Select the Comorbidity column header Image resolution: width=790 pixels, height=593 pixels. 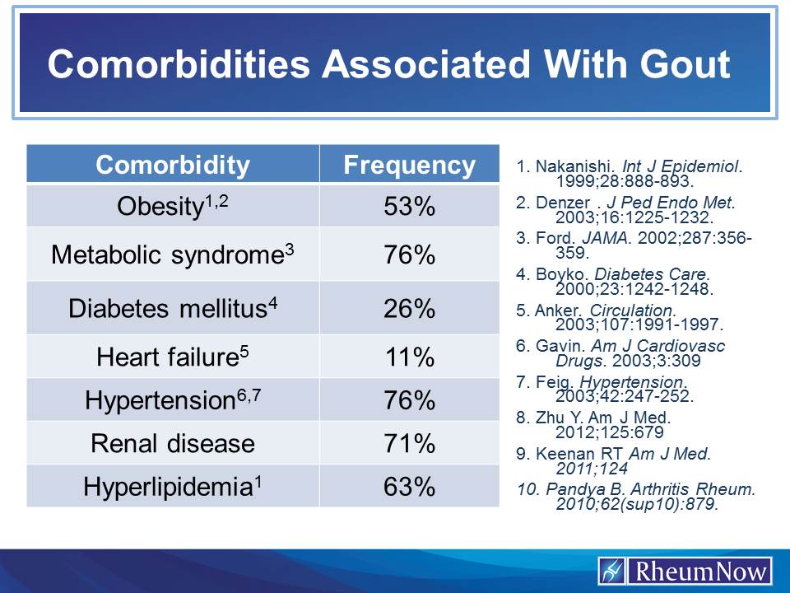click(173, 165)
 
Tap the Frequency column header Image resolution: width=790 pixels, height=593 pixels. click(409, 165)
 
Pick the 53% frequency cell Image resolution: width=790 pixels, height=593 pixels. click(409, 207)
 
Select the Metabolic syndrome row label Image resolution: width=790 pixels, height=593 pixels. click(172, 254)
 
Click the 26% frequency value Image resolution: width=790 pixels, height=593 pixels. click(409, 308)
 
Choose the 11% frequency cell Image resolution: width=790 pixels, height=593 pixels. click(409, 357)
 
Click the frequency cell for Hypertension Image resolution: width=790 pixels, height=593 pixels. click(409, 400)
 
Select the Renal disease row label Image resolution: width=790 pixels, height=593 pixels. click(173, 443)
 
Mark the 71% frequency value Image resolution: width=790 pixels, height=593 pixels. click(409, 443)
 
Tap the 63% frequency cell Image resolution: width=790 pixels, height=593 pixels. click(409, 486)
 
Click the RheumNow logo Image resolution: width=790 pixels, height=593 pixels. click(685, 571)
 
